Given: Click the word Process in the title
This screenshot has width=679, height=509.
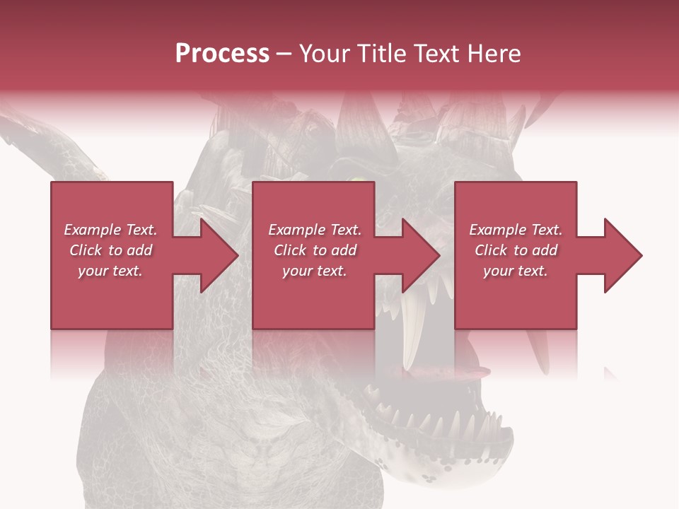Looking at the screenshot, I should (x=222, y=54).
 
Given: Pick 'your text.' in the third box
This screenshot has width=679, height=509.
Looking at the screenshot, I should (x=515, y=271).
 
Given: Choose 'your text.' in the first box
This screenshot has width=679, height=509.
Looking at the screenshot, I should (x=110, y=271).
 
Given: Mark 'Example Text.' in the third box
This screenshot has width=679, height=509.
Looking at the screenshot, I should (x=515, y=230).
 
